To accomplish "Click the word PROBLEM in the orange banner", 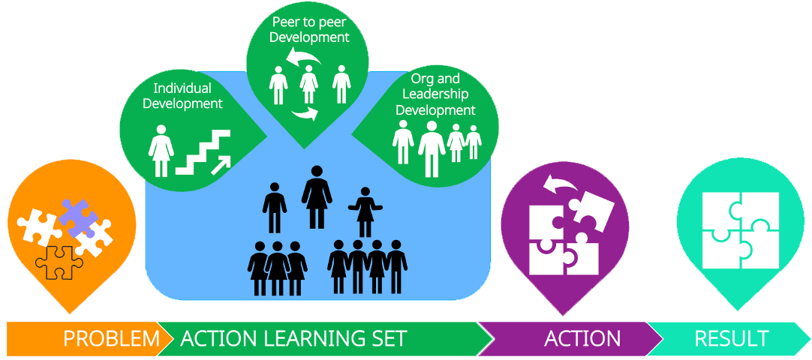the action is [111, 338].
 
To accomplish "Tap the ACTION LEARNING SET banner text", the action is [293, 338].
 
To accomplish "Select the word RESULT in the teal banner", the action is [731, 338].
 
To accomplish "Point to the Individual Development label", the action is [183, 96].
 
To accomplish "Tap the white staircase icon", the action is [201, 151].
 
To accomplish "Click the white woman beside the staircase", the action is [161, 149].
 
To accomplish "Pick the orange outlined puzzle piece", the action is [58, 262].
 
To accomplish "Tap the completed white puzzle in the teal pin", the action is [740, 230].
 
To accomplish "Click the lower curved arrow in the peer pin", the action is [305, 113].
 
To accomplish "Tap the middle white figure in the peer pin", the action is [308, 84].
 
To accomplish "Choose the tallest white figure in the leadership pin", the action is [432, 148].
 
